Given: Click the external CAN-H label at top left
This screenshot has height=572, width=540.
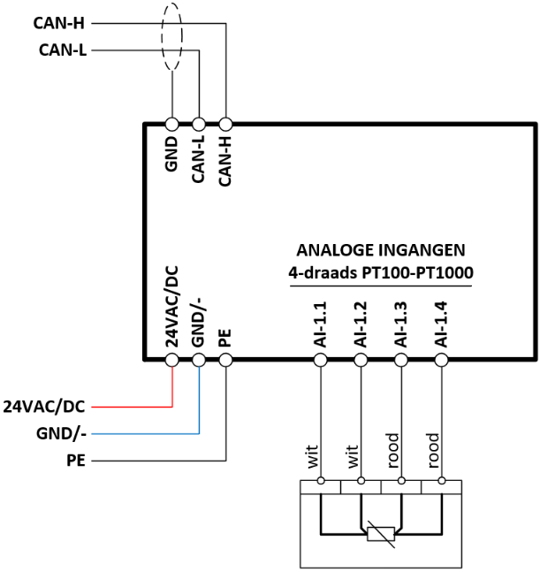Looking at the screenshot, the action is (58, 23).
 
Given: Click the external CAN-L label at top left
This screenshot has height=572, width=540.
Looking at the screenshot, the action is (63, 50).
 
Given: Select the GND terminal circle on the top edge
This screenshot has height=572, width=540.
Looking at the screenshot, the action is (172, 125).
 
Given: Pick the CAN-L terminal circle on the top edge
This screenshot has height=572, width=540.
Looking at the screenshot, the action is (199, 125).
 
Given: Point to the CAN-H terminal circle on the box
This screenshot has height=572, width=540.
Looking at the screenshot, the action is (225, 125).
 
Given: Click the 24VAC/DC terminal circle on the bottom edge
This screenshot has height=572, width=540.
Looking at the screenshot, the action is (172, 360).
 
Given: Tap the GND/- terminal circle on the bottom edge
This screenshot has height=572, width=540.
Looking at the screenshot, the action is (199, 360).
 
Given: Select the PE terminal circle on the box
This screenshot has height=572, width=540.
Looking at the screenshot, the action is (225, 360).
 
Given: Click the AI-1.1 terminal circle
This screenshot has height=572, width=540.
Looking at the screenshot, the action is (321, 360).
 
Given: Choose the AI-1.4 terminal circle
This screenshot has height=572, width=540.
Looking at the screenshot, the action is (442, 360).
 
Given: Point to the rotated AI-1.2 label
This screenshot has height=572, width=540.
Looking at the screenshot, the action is (361, 324).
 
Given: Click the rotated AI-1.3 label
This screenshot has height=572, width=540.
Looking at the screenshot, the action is (400, 324).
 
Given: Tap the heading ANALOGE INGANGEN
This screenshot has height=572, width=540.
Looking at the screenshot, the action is (381, 250).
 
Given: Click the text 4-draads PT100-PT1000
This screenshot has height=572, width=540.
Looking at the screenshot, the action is (381, 273).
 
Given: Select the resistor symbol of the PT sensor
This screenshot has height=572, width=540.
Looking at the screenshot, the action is (381, 534).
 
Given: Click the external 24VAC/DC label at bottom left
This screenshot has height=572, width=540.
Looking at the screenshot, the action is (44, 407).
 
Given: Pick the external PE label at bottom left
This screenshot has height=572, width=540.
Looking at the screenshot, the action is (76, 461).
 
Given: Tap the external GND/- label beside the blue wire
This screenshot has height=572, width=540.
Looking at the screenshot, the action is (61, 434).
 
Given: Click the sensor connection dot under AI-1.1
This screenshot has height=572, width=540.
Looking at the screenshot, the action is (321, 481).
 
